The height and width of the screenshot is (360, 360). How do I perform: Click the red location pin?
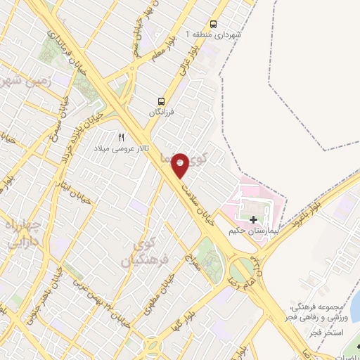click(181, 164)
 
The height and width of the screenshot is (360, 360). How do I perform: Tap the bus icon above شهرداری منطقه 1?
click(214, 22)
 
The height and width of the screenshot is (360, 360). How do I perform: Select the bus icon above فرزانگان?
click(162, 101)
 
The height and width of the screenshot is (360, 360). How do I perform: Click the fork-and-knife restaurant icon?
click(121, 137)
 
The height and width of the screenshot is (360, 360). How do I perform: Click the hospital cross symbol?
click(253, 220)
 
